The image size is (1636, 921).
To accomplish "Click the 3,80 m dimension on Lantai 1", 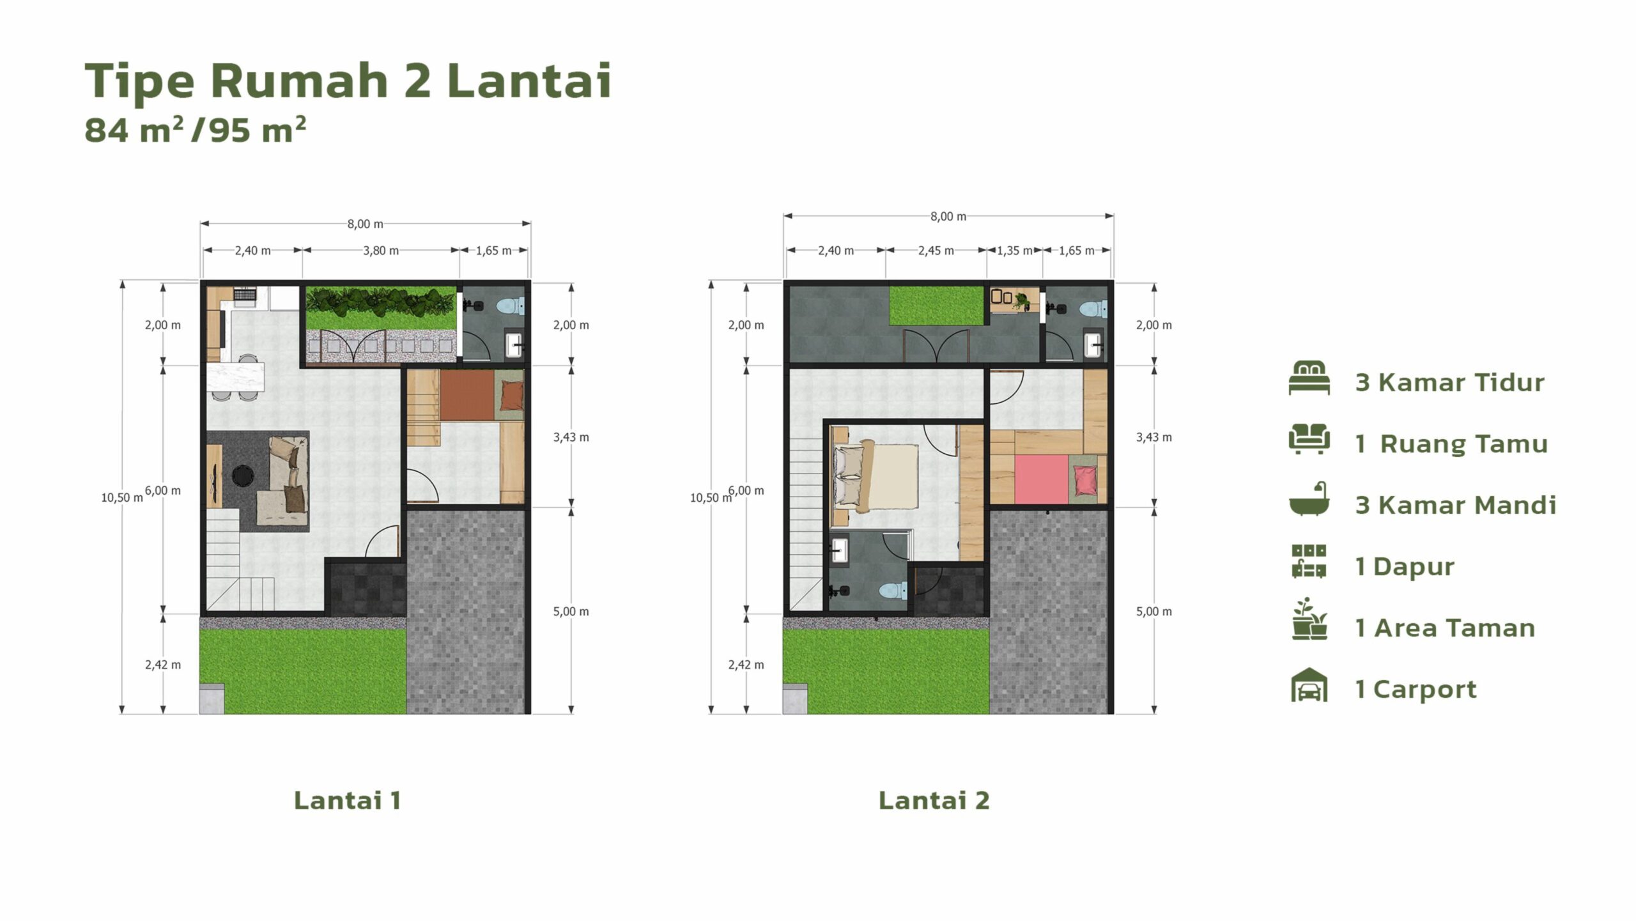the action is (381, 251).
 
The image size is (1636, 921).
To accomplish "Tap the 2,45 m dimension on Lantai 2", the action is (936, 251).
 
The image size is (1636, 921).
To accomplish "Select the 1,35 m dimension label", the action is (1014, 251).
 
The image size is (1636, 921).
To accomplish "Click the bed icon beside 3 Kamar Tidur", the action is (1309, 378).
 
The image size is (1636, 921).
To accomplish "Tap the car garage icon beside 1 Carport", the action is (1309, 685).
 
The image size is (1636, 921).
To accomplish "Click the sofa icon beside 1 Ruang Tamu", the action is (1309, 439).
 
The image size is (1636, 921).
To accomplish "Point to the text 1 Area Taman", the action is (1445, 628).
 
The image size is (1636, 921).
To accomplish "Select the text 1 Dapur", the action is (1405, 568).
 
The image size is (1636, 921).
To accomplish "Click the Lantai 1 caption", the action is (348, 800).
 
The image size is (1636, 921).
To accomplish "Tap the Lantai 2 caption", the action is (934, 800).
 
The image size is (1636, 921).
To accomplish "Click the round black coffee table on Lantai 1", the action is (243, 476).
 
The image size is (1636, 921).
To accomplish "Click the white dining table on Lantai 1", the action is (235, 377).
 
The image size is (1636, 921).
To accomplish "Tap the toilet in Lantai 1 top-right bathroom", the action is (511, 306).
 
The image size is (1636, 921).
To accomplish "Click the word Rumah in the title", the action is (300, 81).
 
